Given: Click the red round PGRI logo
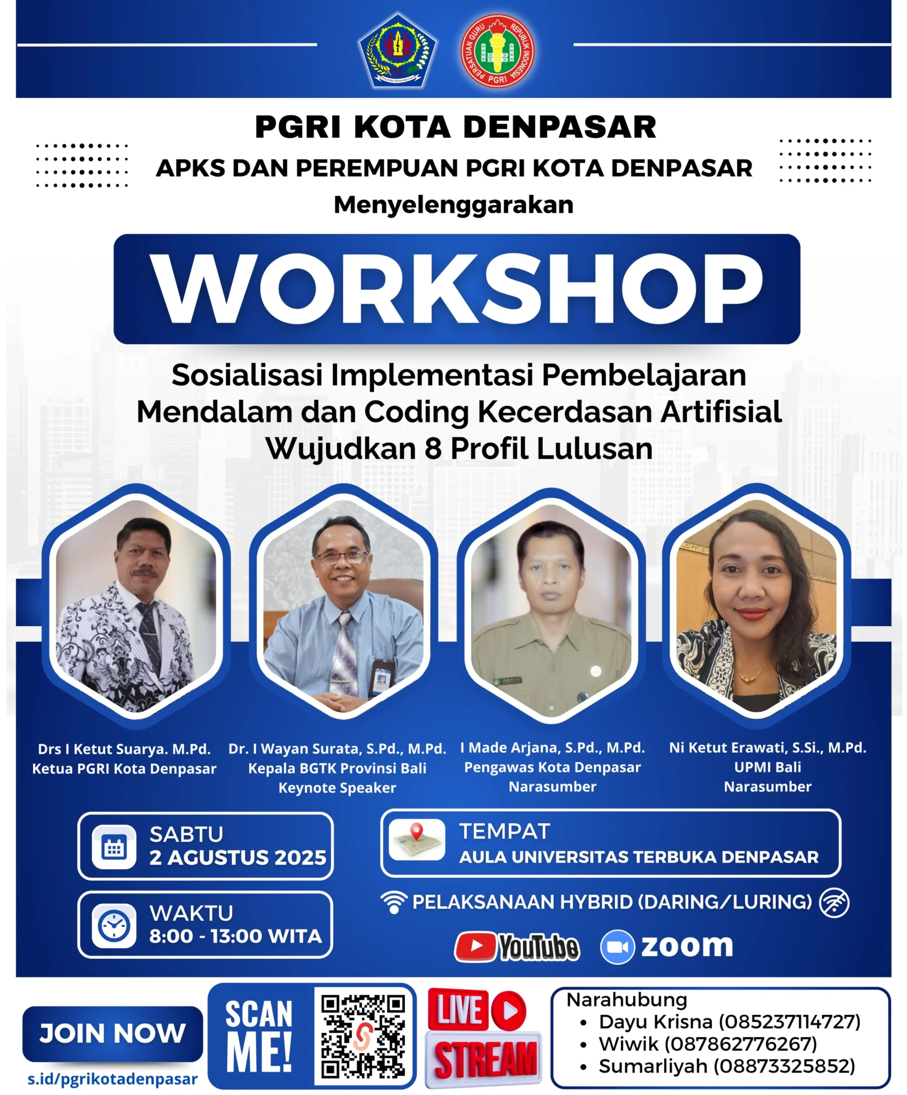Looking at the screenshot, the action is tap(498, 50).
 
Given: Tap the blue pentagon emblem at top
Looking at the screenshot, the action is tap(398, 50).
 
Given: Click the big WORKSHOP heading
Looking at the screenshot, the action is tap(457, 289).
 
